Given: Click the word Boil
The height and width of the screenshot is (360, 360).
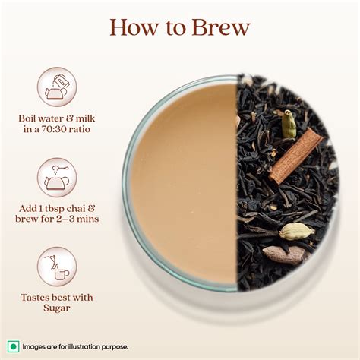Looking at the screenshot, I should [30, 118].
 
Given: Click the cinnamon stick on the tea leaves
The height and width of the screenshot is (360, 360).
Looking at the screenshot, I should [296, 156].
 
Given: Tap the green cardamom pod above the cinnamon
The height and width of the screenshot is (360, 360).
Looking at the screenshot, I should [289, 124].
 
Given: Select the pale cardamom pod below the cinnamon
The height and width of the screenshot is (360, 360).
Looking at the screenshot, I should [297, 231].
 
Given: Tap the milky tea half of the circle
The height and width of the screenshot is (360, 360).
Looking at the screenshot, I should [182, 182].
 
